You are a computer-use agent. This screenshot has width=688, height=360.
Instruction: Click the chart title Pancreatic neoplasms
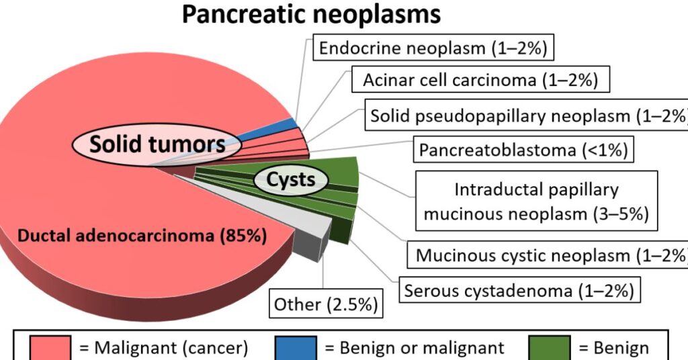click(x=311, y=15)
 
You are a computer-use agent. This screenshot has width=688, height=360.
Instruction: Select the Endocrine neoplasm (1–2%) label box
click(x=434, y=48)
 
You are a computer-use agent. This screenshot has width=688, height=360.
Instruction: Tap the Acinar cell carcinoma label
click(x=480, y=81)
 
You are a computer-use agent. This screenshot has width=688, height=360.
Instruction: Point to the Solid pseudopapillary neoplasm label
click(x=528, y=116)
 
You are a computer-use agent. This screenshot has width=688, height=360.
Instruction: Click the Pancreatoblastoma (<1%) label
click(x=523, y=150)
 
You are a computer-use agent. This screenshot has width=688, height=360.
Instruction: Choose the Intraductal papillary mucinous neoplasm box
click(x=535, y=201)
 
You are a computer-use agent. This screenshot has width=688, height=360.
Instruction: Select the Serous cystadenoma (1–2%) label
click(x=519, y=291)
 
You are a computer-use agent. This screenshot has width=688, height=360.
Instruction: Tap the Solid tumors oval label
click(x=157, y=144)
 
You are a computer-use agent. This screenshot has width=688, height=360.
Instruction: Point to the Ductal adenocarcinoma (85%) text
click(x=142, y=236)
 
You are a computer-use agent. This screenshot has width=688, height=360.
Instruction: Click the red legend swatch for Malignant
click(x=51, y=348)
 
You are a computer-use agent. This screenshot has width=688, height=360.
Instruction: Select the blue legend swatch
click(x=296, y=348)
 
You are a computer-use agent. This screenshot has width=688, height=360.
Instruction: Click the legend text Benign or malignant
click(x=414, y=348)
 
